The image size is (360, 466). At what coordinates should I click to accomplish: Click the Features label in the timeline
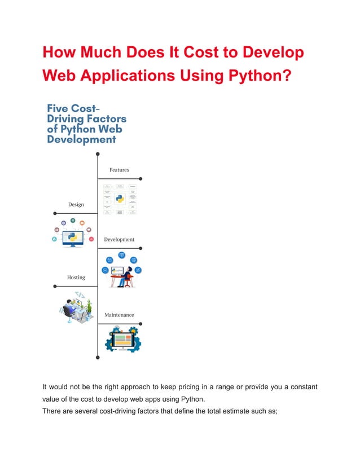tap(119, 170)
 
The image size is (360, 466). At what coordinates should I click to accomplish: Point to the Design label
tap(76, 204)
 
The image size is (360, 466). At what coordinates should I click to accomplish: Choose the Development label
tap(119, 239)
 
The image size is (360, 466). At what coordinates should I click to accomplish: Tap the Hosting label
tap(76, 278)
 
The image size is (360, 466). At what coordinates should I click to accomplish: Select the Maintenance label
tap(119, 315)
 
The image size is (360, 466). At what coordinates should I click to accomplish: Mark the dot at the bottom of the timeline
tap(98, 357)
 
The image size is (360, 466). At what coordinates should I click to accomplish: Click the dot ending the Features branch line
tap(141, 178)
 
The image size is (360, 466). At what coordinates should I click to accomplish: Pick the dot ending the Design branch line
tap(55, 213)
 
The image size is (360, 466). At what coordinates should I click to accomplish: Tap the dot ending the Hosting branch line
tap(55, 287)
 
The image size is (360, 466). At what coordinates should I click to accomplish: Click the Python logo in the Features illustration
tap(120, 199)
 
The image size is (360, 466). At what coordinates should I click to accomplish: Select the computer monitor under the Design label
tap(72, 238)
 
